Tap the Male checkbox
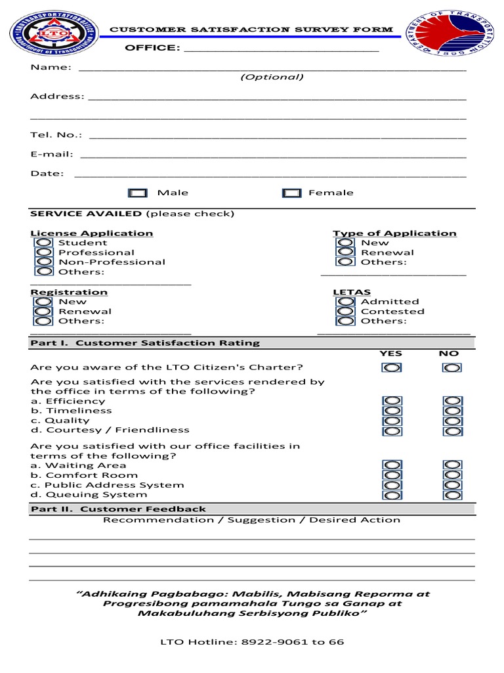tap(138, 193)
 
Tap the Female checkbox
tap(291, 193)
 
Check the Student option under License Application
tap(44, 243)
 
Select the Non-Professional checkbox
tap(44, 262)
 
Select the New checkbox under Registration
tap(44, 302)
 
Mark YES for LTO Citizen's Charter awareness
tap(391, 368)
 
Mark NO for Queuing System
tap(451, 495)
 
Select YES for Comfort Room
tap(391, 475)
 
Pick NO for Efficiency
tap(451, 401)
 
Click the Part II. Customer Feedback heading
tap(118, 509)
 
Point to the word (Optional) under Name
tap(272, 78)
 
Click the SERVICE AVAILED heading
tap(85, 214)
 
